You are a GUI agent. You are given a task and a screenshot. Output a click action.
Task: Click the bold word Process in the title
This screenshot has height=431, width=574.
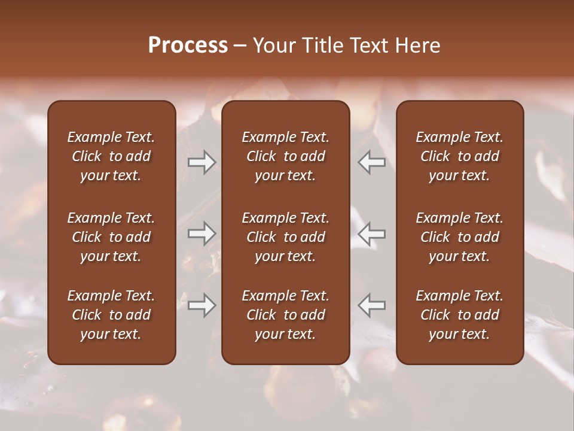(188, 45)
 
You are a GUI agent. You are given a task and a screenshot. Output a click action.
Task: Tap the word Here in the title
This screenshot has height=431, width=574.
(418, 45)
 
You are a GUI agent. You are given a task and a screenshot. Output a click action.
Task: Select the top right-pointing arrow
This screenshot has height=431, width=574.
(201, 162)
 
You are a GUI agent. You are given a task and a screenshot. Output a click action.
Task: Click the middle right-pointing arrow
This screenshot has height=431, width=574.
(201, 233)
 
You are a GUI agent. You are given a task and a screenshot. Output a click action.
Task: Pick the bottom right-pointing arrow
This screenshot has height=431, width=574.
(201, 305)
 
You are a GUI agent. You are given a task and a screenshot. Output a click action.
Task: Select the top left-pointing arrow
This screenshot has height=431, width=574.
(372, 162)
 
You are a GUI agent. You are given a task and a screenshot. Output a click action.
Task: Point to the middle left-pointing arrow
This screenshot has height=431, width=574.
(372, 233)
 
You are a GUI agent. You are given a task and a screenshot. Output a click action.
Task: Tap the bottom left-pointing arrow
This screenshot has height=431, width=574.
(372, 305)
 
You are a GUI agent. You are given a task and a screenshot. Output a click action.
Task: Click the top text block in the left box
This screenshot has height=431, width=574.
(111, 156)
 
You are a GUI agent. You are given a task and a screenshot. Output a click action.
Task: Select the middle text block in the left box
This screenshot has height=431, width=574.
(111, 237)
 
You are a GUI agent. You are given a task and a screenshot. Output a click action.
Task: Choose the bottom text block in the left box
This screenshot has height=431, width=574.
(111, 315)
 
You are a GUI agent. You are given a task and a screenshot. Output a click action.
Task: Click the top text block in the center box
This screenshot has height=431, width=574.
(286, 156)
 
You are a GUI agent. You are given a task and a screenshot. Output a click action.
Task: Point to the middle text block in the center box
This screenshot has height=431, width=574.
(286, 237)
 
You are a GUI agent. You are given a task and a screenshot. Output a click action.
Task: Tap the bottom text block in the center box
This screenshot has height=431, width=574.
(286, 315)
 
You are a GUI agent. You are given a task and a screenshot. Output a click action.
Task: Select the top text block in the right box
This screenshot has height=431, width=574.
(460, 156)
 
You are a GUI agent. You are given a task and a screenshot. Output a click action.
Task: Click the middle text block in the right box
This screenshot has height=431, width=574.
(460, 237)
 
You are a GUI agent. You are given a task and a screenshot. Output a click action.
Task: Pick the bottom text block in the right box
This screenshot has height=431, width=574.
(460, 315)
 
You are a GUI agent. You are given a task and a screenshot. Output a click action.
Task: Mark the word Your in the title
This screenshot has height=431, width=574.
(273, 45)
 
